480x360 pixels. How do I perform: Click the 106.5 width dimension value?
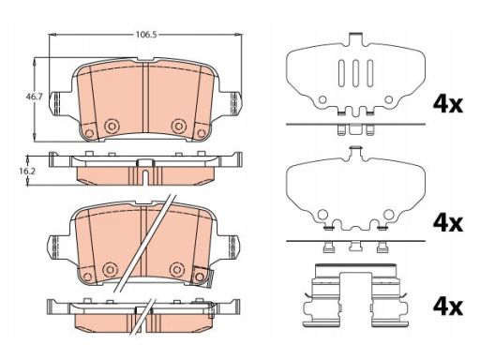(x=145, y=35)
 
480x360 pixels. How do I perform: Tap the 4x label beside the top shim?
(x=447, y=104)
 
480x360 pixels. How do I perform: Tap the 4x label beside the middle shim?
(x=447, y=223)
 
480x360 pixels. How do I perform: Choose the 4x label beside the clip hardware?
(x=447, y=307)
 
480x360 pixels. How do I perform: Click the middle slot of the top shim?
(x=355, y=73)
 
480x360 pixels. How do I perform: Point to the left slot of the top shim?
(x=341, y=73)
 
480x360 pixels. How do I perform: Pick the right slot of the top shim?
(x=370, y=73)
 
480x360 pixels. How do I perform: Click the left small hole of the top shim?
(x=322, y=99)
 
